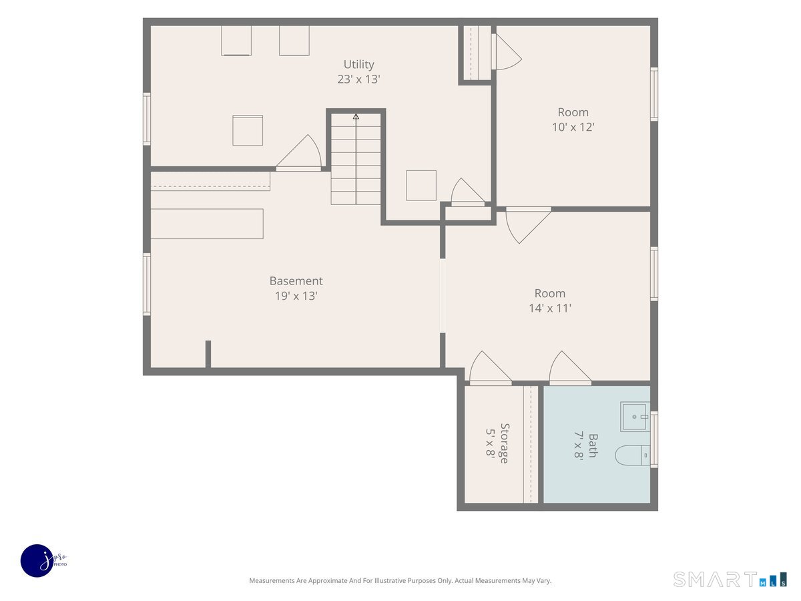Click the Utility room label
pyautogui.click(x=358, y=65)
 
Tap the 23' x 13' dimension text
pyautogui.click(x=358, y=79)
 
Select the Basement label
pyautogui.click(x=296, y=280)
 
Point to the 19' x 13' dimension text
pyautogui.click(x=296, y=296)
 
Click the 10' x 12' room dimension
pyautogui.click(x=573, y=127)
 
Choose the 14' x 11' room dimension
pyautogui.click(x=550, y=308)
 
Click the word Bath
pyautogui.click(x=593, y=445)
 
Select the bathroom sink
pyautogui.click(x=635, y=417)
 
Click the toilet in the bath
pyautogui.click(x=632, y=455)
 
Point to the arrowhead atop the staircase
pyautogui.click(x=356, y=116)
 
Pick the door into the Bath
pyautogui.click(x=570, y=369)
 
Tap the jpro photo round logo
pyautogui.click(x=37, y=561)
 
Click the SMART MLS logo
pyautogui.click(x=730, y=580)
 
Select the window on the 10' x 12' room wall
pyautogui.click(x=654, y=94)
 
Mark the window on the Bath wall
pyautogui.click(x=654, y=439)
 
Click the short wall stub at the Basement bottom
pyautogui.click(x=208, y=354)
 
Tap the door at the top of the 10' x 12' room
pyautogui.click(x=506, y=51)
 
